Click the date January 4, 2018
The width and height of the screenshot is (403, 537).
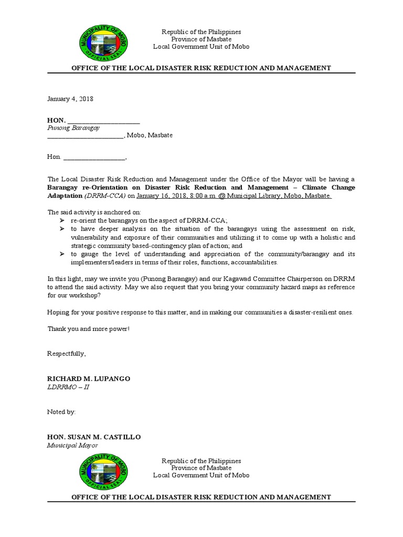[x=70, y=99]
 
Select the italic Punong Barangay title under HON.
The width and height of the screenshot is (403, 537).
[x=73, y=127]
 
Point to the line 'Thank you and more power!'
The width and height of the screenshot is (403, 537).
[x=88, y=328]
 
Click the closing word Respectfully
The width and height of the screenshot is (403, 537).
[x=67, y=353]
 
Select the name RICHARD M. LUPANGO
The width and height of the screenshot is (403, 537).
[x=89, y=379]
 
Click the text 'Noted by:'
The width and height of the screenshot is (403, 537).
[x=61, y=412]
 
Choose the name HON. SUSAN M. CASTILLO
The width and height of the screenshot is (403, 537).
[x=94, y=437]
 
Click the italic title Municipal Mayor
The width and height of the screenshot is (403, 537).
[x=72, y=445]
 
